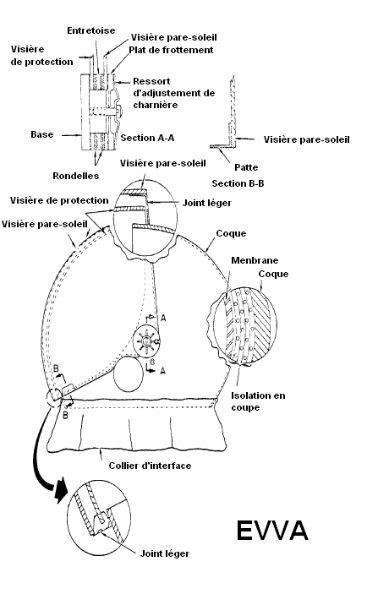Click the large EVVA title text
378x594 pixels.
coord(271,531)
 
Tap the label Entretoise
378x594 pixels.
coord(91,30)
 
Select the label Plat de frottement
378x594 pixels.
coord(171,50)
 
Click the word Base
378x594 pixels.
coord(41,134)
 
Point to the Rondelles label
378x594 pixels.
coord(76,176)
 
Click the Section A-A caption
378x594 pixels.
coord(147,138)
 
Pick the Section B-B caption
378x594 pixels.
coord(238,183)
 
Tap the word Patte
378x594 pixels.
coord(246,167)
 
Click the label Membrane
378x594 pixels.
coord(255,260)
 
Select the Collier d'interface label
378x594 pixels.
coord(150,466)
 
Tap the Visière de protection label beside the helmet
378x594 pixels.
coord(59,200)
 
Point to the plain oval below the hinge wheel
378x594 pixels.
coord(129,374)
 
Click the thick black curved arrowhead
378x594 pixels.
coord(60,491)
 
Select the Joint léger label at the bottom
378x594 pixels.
coord(165,553)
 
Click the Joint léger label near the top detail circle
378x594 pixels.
coord(207,203)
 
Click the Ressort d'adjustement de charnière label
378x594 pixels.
coord(173,93)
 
